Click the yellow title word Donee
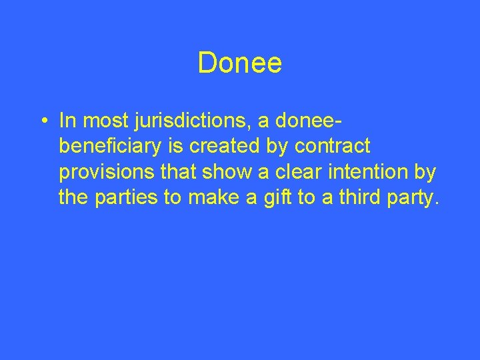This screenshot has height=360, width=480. [x=240, y=64]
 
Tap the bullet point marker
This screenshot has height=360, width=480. [x=43, y=121]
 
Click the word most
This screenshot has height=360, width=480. [x=101, y=121]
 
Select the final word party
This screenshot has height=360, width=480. [x=412, y=198]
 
